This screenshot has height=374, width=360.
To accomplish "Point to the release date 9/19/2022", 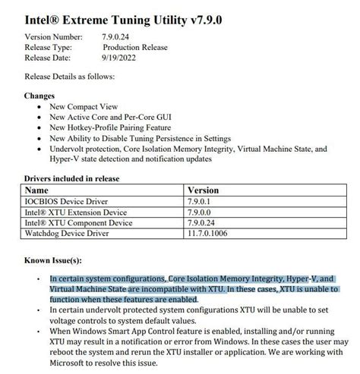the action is (x=122, y=56).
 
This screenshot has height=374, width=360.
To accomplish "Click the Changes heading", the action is (x=39, y=96).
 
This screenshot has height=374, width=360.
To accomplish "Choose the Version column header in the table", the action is (x=203, y=190).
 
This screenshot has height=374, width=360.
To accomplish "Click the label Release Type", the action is (x=49, y=46).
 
